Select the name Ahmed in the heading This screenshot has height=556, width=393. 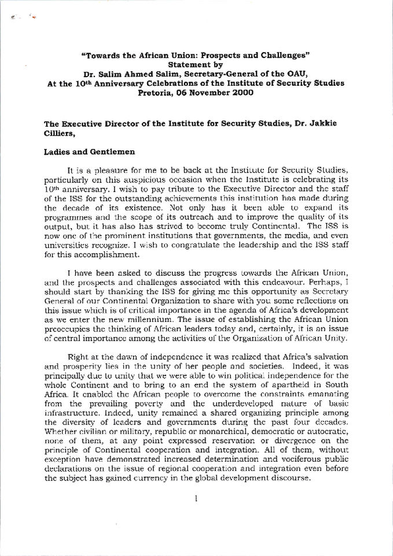tap(147, 74)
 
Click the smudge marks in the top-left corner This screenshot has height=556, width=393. tap(22, 18)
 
